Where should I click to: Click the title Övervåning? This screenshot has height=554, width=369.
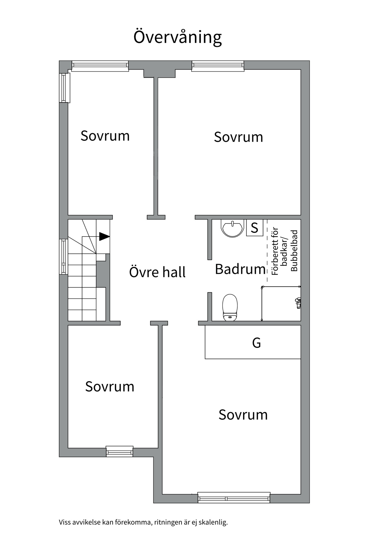(177, 37)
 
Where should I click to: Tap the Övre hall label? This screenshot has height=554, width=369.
(157, 272)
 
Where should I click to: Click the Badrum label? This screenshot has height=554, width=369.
(240, 269)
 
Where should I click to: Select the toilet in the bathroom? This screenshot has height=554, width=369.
(230, 308)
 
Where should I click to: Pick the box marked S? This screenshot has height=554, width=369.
(255, 228)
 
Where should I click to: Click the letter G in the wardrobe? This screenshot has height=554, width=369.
(256, 343)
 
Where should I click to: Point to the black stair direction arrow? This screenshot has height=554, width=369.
(104, 237)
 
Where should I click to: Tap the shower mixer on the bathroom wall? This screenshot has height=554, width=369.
(298, 303)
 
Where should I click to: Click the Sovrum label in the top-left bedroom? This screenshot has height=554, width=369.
(105, 136)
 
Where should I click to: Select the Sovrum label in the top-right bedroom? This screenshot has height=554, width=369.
(238, 137)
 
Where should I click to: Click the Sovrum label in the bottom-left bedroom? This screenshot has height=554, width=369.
(110, 387)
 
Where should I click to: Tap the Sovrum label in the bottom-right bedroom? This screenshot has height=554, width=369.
(243, 415)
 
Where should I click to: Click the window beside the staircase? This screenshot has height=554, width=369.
(63, 257)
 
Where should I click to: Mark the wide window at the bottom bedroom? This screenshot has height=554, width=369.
(234, 498)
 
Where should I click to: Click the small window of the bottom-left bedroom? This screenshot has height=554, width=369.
(120, 452)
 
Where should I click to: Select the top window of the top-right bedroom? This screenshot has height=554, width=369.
(218, 66)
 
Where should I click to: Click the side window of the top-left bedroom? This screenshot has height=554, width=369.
(65, 88)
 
